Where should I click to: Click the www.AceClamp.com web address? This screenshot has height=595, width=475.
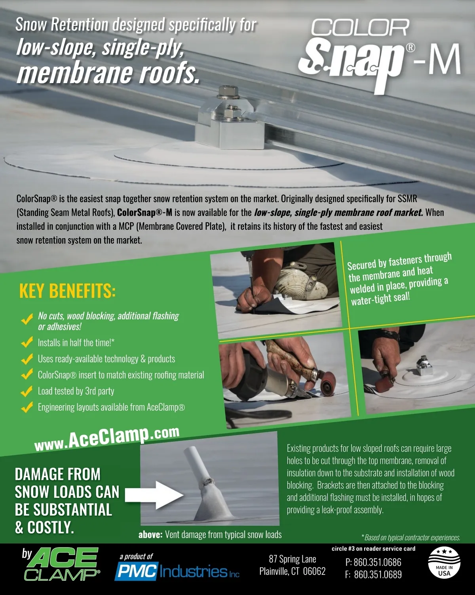(107, 438)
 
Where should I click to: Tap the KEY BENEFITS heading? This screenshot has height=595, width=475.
(67, 291)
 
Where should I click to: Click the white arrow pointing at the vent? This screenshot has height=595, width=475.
(154, 495)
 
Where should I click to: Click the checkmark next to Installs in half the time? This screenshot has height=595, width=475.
(27, 343)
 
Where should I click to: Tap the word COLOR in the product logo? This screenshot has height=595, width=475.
(360, 27)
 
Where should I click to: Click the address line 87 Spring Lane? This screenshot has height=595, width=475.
(293, 559)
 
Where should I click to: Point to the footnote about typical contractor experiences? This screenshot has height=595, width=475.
(411, 538)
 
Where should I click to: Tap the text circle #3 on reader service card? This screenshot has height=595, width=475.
(374, 549)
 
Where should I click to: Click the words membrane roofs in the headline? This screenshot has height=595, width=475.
(108, 72)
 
